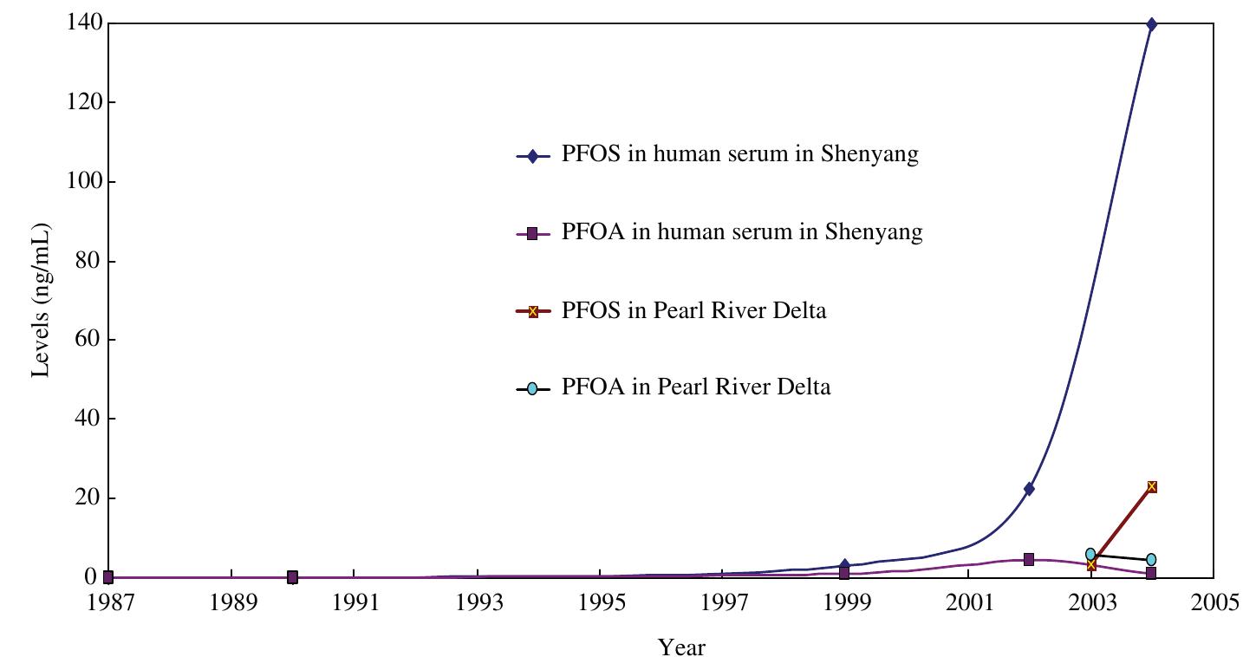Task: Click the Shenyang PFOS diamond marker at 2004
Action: pos(1151,24)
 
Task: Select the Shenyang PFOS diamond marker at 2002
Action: pos(1029,489)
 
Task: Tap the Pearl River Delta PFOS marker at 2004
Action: pos(1151,487)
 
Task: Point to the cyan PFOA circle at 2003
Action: pos(1090,554)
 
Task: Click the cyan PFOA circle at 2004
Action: pos(1151,560)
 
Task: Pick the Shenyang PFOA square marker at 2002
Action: pos(1029,560)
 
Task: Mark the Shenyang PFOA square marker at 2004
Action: pos(1151,573)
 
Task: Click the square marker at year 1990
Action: pos(292,577)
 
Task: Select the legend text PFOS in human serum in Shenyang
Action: pos(739,155)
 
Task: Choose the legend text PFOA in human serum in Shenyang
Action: pos(742,232)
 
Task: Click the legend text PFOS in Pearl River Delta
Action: pos(693,310)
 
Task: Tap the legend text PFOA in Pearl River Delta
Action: pos(695,387)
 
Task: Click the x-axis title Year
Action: pos(681,647)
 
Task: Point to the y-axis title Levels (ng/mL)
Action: pos(41,300)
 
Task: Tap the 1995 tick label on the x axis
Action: pos(602,602)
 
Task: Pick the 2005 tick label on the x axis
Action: pos(1214,602)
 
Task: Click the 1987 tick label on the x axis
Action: pos(108,602)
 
